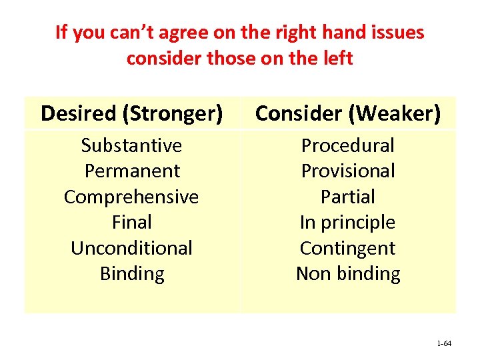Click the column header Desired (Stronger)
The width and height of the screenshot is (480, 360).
pos(132,114)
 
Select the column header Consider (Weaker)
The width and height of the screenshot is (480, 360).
pos(348,114)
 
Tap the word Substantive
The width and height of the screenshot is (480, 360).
pos(132,145)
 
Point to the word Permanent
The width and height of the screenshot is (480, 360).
pos(132,171)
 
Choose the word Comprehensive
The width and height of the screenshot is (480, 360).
pos(132,197)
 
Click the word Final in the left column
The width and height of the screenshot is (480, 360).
pos(132,222)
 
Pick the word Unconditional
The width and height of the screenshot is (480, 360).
pos(132,248)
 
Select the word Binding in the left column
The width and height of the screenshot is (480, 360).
pos(132,273)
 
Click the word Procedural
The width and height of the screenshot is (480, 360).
pos(348,145)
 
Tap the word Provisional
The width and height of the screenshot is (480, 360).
pos(348,171)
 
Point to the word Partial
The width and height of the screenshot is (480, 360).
pos(348,197)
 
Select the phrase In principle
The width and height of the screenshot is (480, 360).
pos(348,222)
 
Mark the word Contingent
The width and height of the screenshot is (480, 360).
pos(348,248)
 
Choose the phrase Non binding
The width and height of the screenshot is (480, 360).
pos(348,273)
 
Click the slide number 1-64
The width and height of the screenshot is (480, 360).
pos(444,343)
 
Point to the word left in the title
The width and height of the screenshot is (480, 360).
pos(337,59)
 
